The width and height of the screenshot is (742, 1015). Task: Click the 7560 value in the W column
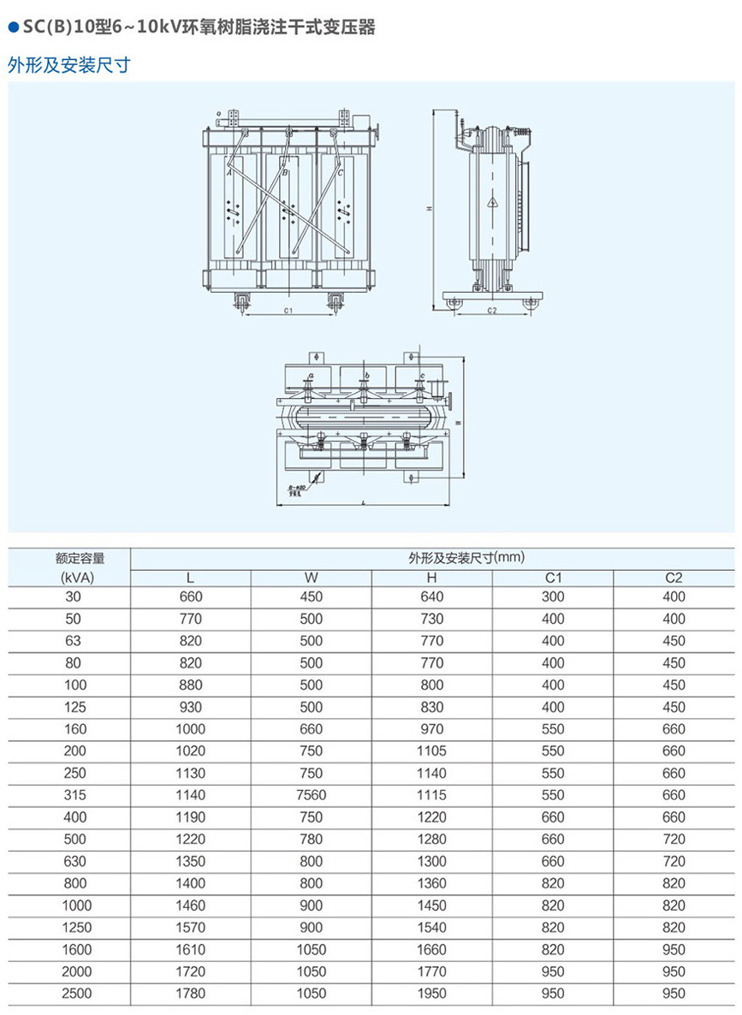pyautogui.click(x=312, y=795)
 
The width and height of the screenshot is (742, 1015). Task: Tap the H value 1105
pyautogui.click(x=432, y=751)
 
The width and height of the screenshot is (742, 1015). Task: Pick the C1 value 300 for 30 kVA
pyautogui.click(x=553, y=597)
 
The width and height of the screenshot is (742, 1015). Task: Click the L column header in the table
pyautogui.click(x=190, y=577)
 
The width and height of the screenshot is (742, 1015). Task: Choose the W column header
pyautogui.click(x=312, y=577)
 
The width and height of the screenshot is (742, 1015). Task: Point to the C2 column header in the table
pyautogui.click(x=674, y=577)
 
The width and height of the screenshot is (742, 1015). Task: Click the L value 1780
pyautogui.click(x=190, y=994)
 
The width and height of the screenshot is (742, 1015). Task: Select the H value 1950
pyautogui.click(x=432, y=994)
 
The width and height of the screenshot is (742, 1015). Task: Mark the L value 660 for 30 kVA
pyautogui.click(x=190, y=597)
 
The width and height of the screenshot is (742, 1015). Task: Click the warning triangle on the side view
pyautogui.click(x=494, y=203)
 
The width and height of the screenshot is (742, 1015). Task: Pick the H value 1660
pyautogui.click(x=432, y=949)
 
